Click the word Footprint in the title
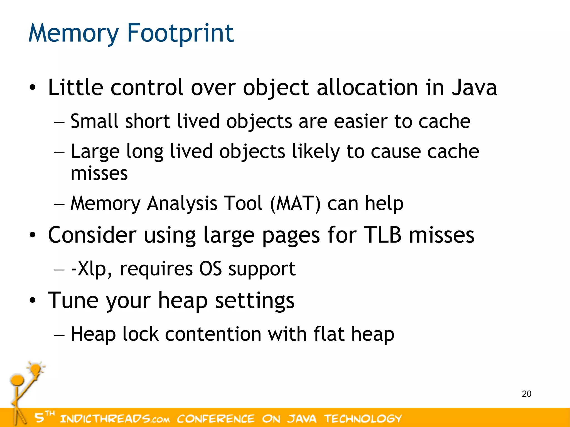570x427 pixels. click(x=180, y=33)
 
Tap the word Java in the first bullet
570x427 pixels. click(x=474, y=88)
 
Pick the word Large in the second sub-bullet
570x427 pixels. click(x=95, y=152)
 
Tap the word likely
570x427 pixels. click(x=316, y=152)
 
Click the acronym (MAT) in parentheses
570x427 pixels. click(x=296, y=203)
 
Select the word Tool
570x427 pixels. click(x=243, y=203)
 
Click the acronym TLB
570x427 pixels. click(x=383, y=235)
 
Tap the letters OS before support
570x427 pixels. click(x=210, y=269)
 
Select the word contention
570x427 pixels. click(x=213, y=334)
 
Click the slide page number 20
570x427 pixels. click(x=526, y=394)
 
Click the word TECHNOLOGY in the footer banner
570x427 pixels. click(x=363, y=419)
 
